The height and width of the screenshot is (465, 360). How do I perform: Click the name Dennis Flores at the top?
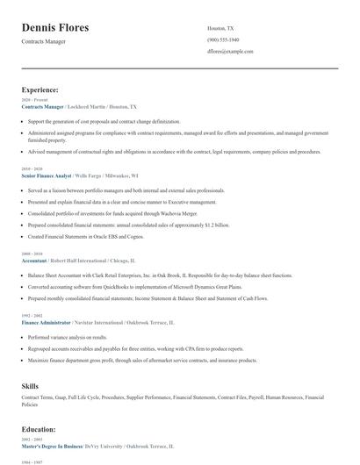[54, 28]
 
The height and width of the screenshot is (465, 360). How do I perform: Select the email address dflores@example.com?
[230, 52]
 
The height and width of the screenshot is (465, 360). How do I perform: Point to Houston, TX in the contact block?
[220, 28]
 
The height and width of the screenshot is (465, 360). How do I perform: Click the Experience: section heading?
[40, 89]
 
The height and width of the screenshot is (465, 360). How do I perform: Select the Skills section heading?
[30, 386]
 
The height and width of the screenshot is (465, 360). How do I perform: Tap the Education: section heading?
[39, 430]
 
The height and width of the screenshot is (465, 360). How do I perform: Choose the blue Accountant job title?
[35, 261]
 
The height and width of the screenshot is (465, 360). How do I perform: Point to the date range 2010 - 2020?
[32, 168]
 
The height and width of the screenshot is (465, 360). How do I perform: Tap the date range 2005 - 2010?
[32, 254]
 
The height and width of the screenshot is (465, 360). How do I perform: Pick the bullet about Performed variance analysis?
[68, 337]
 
